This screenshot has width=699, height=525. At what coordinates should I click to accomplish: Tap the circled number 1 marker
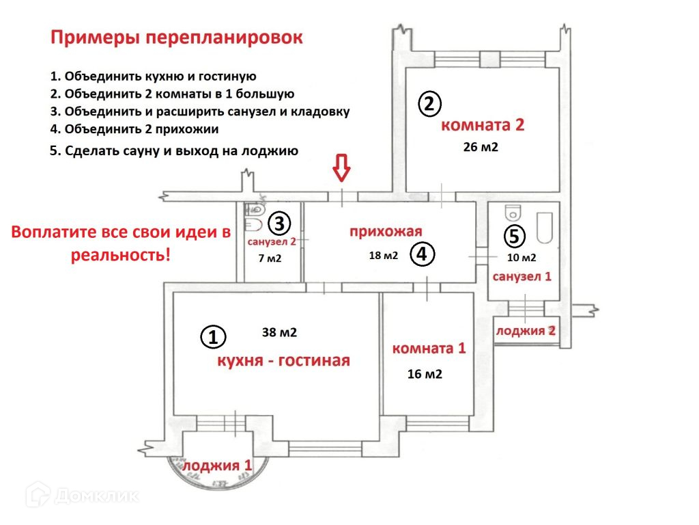212,336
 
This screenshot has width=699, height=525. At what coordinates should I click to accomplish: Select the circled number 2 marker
429,105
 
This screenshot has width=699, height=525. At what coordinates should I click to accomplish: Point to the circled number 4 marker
422,254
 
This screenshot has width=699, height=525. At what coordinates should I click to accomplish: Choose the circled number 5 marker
515,237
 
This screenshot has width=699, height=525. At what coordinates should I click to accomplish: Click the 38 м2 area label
279,333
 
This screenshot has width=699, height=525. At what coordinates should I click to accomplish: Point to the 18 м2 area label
383,256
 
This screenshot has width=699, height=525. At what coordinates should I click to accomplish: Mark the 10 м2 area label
522,258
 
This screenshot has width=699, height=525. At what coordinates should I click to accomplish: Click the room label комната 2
483,125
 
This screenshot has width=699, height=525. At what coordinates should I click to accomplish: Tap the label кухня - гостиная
283,360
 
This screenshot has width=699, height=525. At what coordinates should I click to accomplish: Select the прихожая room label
386,231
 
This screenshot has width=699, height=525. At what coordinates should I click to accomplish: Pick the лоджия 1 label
217,466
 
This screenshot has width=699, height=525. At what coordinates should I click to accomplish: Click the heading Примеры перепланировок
176,38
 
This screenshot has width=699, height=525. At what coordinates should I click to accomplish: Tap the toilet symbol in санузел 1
512,211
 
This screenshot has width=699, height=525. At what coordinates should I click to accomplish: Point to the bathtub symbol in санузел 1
545,228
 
